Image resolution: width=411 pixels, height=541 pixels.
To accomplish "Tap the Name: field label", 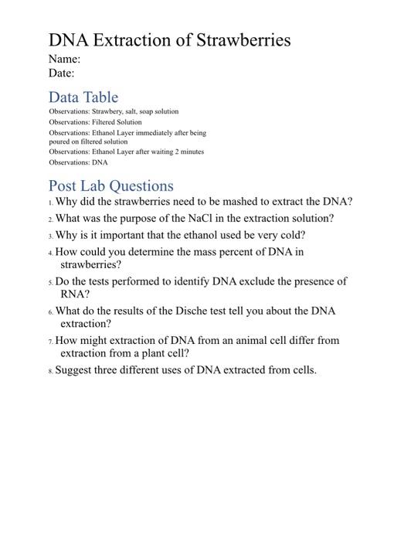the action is pos(64,60).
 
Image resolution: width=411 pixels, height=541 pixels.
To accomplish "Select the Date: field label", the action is pos(62,73).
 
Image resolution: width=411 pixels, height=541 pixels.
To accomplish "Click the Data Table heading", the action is pos(83,97).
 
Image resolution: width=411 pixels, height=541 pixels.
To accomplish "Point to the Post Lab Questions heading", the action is pos(111,185).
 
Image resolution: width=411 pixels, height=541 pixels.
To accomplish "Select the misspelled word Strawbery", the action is pos(107,112).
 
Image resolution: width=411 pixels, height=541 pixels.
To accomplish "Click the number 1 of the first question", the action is pos(50,203).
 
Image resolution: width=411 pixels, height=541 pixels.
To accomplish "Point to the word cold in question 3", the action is pos(291,235).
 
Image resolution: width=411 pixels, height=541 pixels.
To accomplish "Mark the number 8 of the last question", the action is pos(50,371).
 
